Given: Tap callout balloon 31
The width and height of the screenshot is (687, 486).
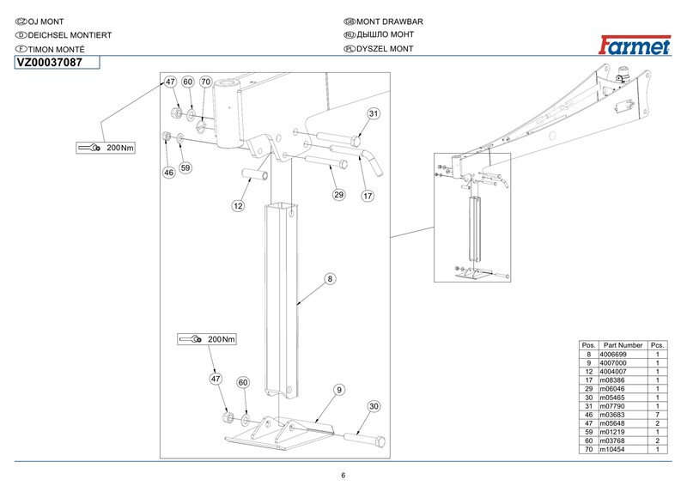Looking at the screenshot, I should coord(374,114).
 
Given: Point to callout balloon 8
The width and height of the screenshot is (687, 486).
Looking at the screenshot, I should coord(329,278).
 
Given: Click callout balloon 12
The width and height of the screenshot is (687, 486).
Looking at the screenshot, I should coord(239,206).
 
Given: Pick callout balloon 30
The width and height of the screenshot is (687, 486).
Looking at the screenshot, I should coord(374,406).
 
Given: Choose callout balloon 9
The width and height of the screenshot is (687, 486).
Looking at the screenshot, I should coord(339,390).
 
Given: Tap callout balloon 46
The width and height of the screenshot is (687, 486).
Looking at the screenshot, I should coord(168,173).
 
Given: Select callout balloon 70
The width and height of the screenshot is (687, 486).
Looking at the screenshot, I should coord(205,82).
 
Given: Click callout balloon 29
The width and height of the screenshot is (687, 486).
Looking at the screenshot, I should coord(338,195).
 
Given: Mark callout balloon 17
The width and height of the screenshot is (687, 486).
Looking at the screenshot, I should coord(368,195).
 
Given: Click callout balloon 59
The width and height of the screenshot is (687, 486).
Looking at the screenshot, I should coord(185,167).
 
